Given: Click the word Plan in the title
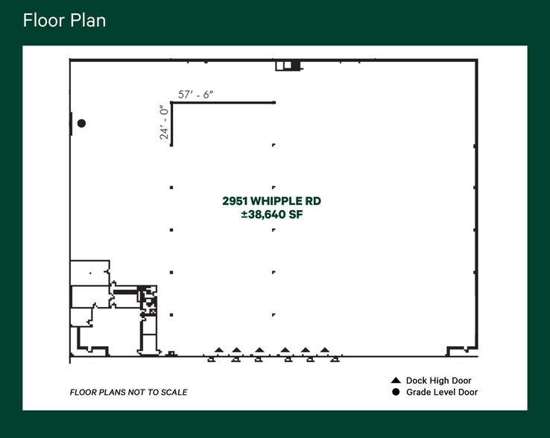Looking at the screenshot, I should pyautogui.click(x=88, y=20).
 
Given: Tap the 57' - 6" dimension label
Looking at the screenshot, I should pyautogui.click(x=196, y=95).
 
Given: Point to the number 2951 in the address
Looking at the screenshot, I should pyautogui.click(x=235, y=201).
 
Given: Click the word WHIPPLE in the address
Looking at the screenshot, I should pyautogui.click(x=276, y=201).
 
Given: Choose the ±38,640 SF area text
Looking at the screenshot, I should pyautogui.click(x=271, y=215).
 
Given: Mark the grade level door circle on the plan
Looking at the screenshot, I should pyautogui.click(x=82, y=123).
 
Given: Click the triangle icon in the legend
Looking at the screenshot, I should pyautogui.click(x=396, y=380).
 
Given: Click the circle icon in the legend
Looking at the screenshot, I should pyautogui.click(x=396, y=392).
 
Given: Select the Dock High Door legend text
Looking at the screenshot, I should pyautogui.click(x=438, y=381).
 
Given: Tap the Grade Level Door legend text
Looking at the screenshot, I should pyautogui.click(x=441, y=393).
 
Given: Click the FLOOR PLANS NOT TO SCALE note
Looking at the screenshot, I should pyautogui.click(x=128, y=393).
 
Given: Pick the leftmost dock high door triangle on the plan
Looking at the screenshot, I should pyautogui.click(x=219, y=349).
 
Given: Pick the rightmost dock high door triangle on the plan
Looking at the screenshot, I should pyautogui.click(x=325, y=349).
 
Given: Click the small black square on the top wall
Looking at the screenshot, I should pyautogui.click(x=295, y=66).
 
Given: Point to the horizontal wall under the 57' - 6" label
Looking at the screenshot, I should pyautogui.click(x=224, y=103).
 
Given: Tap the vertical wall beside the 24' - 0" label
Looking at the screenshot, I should pyautogui.click(x=171, y=124).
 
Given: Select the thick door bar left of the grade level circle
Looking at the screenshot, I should pyautogui.click(x=71, y=124).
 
